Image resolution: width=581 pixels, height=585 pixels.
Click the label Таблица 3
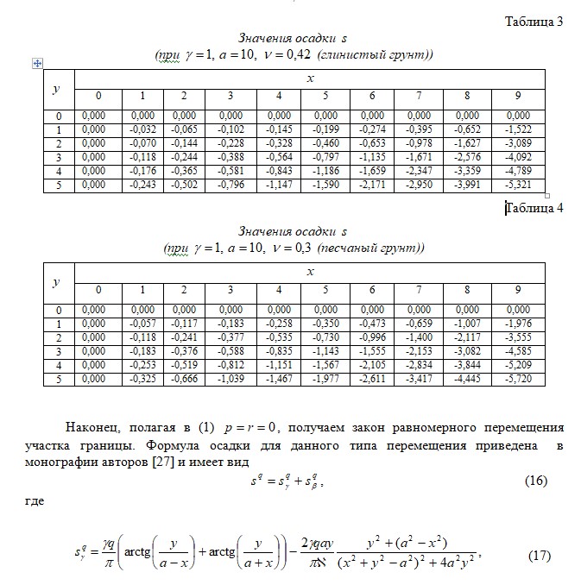pos(534,22)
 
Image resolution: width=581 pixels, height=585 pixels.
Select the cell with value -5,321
pos(518,185)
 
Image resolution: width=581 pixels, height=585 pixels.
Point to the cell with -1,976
pos(518,324)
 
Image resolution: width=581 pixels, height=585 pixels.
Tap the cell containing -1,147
pos(279,185)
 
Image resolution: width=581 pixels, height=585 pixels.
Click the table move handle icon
pos(37,63)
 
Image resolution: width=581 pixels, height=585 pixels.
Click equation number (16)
pos(536,481)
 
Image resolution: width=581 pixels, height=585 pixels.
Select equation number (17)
pos(539,555)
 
